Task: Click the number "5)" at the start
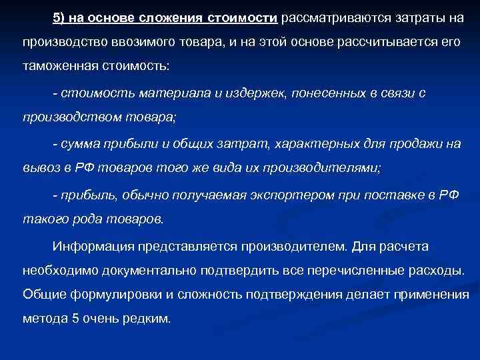61,17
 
